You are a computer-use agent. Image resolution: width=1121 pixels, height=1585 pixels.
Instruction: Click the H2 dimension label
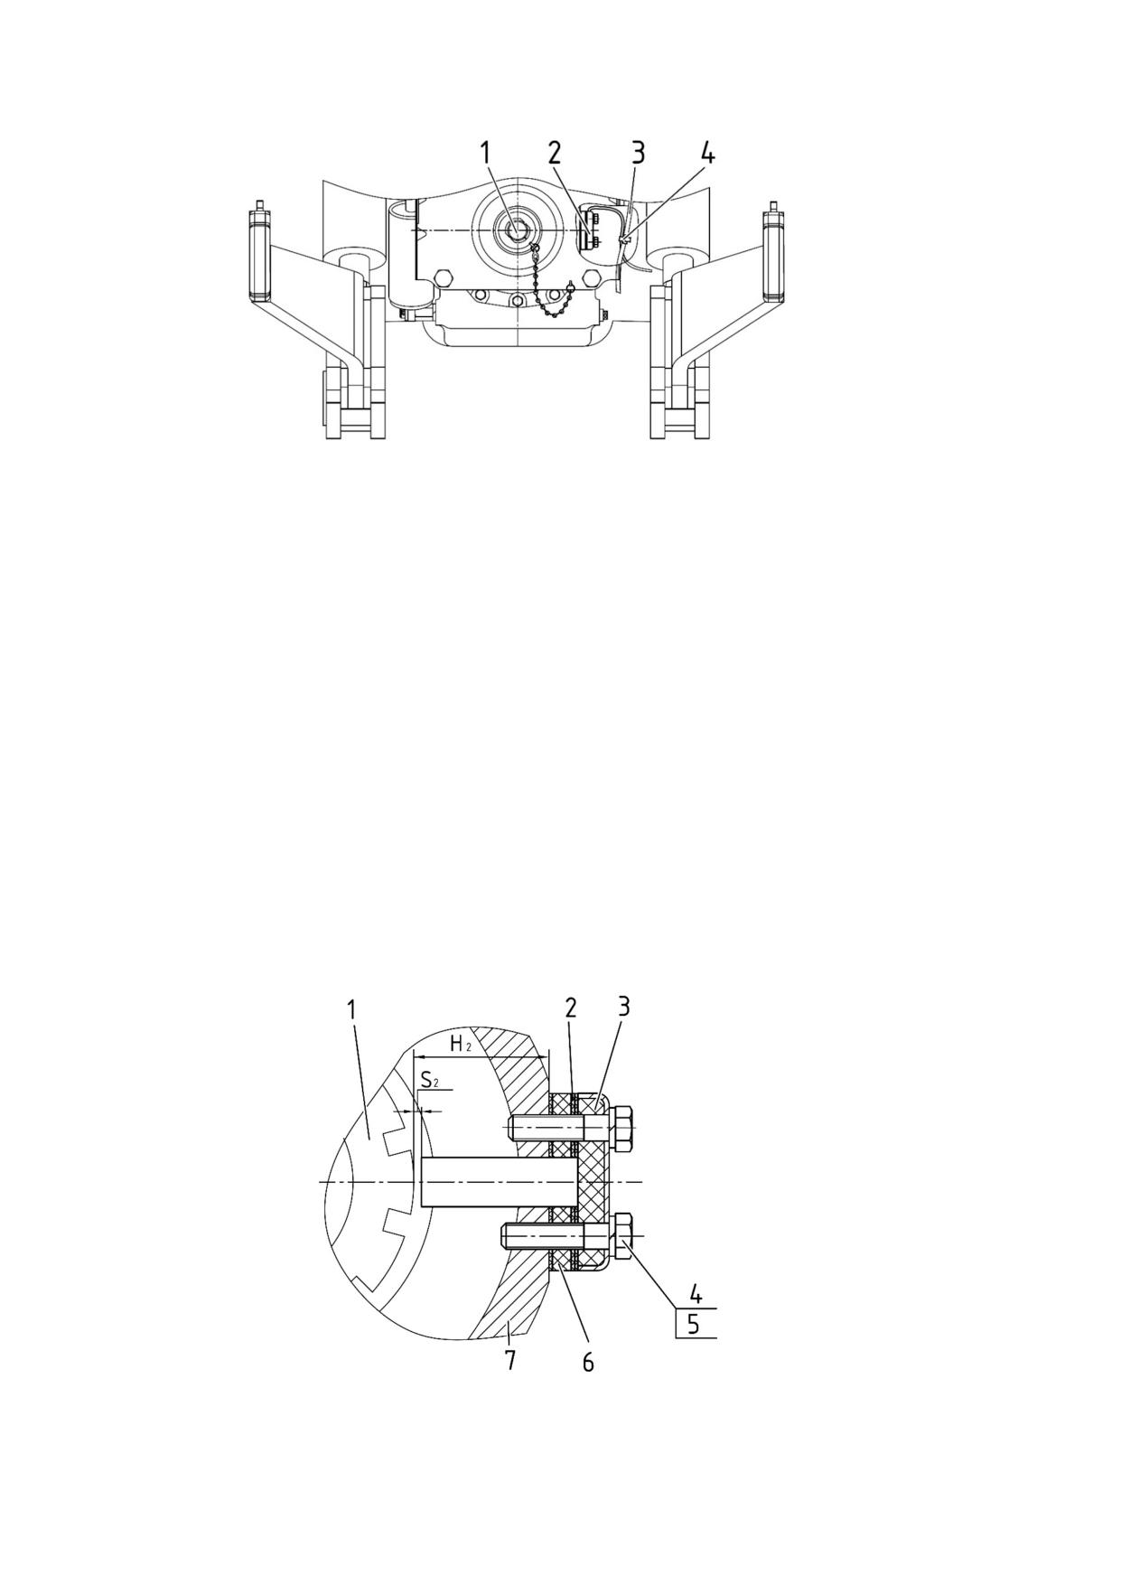tap(461, 1045)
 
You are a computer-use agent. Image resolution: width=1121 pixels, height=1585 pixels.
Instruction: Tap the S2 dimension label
tap(430, 1079)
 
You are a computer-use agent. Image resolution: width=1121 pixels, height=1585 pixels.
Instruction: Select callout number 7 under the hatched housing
tap(510, 1359)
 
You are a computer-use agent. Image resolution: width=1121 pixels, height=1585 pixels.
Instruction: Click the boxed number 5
tap(693, 1325)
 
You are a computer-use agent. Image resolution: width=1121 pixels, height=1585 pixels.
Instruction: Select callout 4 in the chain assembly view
tap(707, 153)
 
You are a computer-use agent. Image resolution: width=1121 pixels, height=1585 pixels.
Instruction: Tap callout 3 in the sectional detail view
tap(623, 1007)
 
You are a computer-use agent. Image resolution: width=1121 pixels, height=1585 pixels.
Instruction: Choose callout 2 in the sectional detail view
tap(571, 1008)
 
